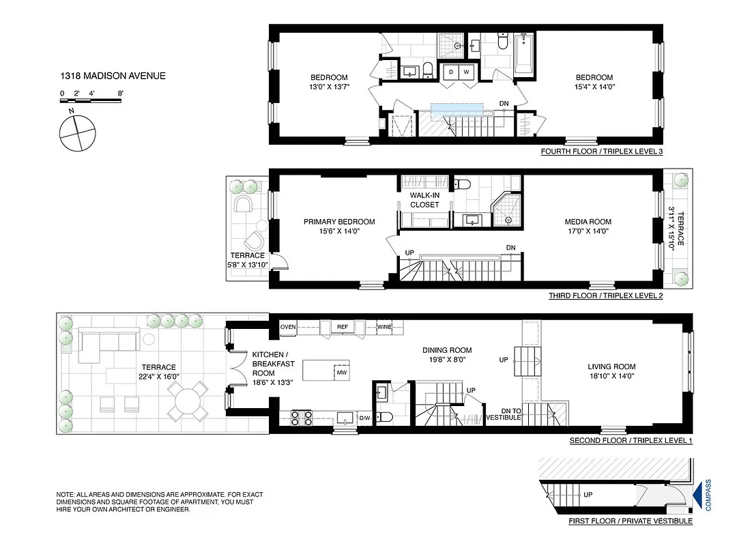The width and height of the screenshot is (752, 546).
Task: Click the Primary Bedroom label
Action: point(339,222)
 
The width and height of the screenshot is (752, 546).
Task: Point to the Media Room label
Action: point(588,222)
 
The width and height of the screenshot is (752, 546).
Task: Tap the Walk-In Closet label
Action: point(424,200)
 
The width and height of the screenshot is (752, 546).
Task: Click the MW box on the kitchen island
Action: point(341,373)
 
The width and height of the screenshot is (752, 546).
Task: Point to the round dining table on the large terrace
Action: point(188,401)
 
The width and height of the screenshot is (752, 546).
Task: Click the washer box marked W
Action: point(467,72)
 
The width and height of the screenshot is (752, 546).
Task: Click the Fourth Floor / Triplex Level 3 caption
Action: point(601,152)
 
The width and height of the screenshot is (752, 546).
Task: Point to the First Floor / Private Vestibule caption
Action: point(630,521)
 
